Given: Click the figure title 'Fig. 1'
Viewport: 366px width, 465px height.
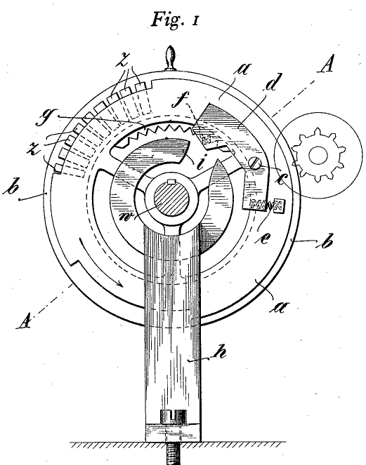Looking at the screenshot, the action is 175,19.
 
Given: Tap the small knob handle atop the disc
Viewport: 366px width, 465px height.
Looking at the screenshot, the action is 171,58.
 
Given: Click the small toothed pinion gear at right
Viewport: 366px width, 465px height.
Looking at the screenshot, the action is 318,155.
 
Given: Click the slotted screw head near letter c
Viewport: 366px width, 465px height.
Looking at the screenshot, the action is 255,163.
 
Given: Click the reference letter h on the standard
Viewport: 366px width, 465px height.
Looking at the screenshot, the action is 220,353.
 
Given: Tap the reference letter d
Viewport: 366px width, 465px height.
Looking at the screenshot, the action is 271,83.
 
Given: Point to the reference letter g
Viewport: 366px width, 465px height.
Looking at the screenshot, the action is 44,118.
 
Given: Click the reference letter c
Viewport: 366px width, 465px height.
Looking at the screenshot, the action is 282,179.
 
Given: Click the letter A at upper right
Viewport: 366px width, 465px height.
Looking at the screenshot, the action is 325,63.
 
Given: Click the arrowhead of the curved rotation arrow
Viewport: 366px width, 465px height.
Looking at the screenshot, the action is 119,283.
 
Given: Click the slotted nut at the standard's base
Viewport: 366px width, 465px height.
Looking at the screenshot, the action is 173,417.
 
